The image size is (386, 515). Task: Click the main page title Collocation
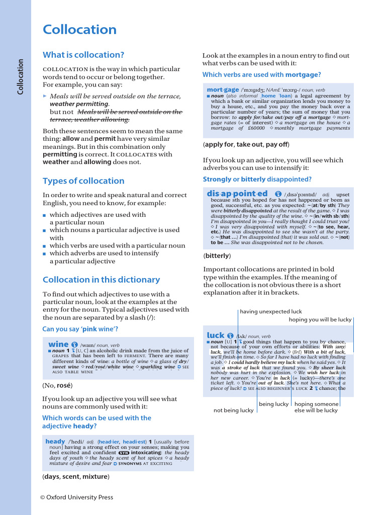pyautogui.click(x=79, y=30)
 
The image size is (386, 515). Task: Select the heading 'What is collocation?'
pyautogui.click(x=83, y=55)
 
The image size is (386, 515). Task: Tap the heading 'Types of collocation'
pyautogui.click(x=83, y=181)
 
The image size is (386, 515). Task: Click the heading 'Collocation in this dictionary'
pyautogui.click(x=101, y=280)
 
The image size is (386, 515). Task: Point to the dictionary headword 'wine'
pyautogui.click(x=58, y=345)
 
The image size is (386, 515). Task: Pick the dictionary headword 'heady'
pyautogui.click(x=55, y=441)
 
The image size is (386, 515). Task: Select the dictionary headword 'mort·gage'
pyautogui.click(x=223, y=90)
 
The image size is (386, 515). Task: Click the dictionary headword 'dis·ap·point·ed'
pyautogui.click(x=237, y=194)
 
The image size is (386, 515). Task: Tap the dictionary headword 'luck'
pyautogui.click(x=216, y=335)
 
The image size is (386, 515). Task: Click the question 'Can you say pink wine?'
pyautogui.click(x=80, y=329)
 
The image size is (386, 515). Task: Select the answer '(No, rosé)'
pyautogui.click(x=57, y=386)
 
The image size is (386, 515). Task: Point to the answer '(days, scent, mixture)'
pyautogui.click(x=76, y=476)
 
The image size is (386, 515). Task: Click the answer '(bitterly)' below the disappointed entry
pyautogui.click(x=217, y=256)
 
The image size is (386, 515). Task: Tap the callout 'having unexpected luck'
pyautogui.click(x=271, y=312)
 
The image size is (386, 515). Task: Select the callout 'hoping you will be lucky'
pyautogui.click(x=320, y=319)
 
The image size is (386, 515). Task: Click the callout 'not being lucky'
pyautogui.click(x=233, y=410)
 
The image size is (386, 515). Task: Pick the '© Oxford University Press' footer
pyautogui.click(x=76, y=497)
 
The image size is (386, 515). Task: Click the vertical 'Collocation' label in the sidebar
pyautogui.click(x=21, y=77)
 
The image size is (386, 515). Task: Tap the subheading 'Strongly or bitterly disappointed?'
pyautogui.click(x=257, y=179)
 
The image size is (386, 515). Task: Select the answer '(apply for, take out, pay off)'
pyautogui.click(x=246, y=144)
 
